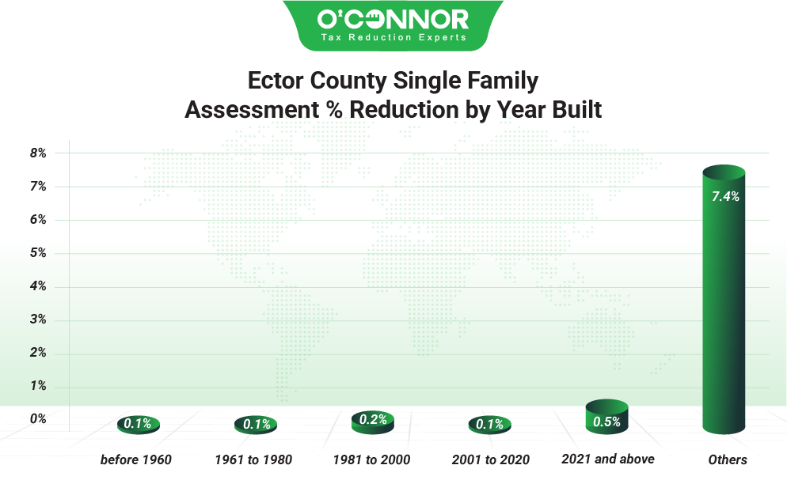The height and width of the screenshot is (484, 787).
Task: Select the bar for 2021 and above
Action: (x=606, y=418)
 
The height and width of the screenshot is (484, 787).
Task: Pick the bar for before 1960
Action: (x=139, y=425)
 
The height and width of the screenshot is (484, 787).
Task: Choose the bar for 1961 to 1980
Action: (x=256, y=425)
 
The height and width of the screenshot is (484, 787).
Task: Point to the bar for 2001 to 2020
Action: (x=489, y=425)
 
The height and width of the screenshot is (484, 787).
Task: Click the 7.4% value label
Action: (x=725, y=197)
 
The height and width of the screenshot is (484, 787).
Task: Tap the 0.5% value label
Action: (x=606, y=422)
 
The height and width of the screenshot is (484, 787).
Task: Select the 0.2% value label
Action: (x=372, y=419)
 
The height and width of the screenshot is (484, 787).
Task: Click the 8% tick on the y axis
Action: (x=38, y=153)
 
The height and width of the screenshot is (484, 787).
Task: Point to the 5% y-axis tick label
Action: (x=38, y=253)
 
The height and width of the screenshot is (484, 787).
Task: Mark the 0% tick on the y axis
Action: (x=38, y=419)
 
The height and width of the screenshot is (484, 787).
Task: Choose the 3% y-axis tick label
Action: (x=38, y=320)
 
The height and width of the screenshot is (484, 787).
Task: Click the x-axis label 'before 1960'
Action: (x=136, y=459)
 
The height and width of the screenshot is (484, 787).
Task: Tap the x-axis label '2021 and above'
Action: (x=608, y=459)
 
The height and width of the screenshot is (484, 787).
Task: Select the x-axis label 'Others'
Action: (x=728, y=459)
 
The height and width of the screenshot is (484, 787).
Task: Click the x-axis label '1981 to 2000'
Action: (x=371, y=459)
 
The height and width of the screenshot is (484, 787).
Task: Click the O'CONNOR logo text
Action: (x=393, y=19)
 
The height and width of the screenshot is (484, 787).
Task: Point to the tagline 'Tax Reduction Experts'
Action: (x=393, y=37)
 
